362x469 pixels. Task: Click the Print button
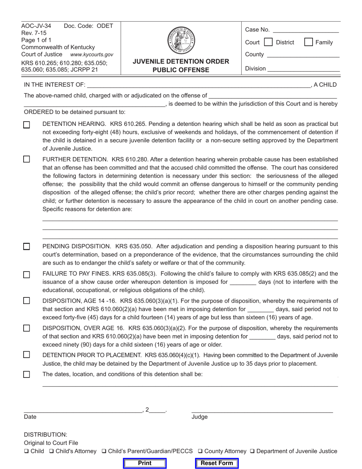[x=145, y=463]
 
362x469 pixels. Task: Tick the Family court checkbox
[x=309, y=42]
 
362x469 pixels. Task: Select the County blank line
[x=303, y=55]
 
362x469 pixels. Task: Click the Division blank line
[x=303, y=69]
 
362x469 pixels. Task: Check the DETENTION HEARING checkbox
[x=27, y=125]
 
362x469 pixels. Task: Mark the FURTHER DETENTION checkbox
[x=27, y=159]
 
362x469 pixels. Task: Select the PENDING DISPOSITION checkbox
[x=27, y=246]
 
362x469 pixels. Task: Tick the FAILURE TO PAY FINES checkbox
[x=27, y=275]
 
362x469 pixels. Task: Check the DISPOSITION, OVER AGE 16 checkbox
[x=27, y=328]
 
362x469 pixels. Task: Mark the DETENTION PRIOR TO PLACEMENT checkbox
[x=27, y=355]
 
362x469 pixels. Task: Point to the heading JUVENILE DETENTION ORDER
[x=181, y=61]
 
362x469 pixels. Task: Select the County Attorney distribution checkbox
[x=200, y=451]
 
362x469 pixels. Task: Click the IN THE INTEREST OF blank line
[x=199, y=85]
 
